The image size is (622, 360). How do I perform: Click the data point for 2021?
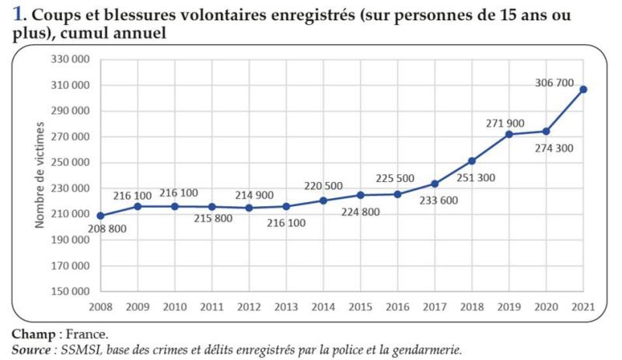[x=584, y=89]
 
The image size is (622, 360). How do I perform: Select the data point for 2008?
[x=101, y=215]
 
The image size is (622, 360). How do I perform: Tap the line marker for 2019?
[x=509, y=134]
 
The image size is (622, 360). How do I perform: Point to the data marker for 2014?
[x=323, y=201]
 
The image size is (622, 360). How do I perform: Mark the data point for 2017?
[x=435, y=183]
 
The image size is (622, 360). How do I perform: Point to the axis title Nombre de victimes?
[x=38, y=176]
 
